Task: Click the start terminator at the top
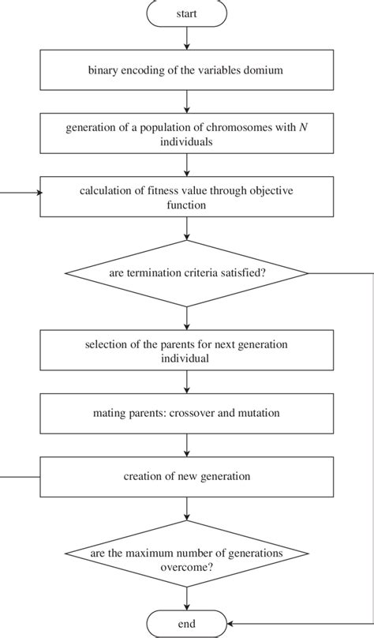[187, 13]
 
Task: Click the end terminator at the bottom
[187, 624]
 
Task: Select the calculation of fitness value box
[187, 196]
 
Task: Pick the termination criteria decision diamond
[187, 273]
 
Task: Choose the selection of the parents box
[187, 351]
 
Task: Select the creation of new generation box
[187, 476]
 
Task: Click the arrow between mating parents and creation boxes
[187, 444]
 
